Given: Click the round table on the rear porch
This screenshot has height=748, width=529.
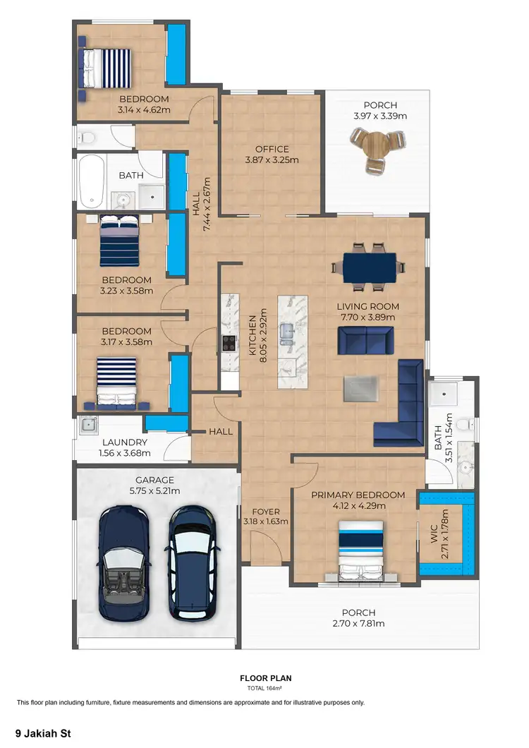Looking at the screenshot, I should click(376, 149).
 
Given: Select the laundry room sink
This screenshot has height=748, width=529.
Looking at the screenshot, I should click(88, 425).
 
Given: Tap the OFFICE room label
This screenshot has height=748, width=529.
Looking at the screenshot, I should click(272, 149).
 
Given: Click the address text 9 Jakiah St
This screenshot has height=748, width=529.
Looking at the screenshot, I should click(43, 733).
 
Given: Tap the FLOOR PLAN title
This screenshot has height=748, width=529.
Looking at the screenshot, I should click(265, 678).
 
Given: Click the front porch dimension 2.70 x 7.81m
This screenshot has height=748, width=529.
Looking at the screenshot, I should click(358, 623).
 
